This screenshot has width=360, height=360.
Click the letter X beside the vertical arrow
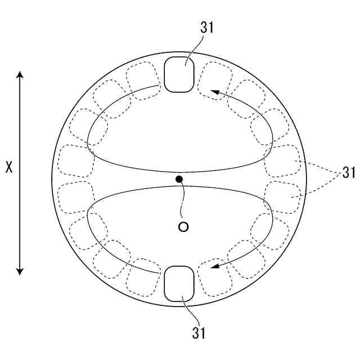(x=8, y=168)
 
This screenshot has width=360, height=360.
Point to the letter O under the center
(x=183, y=227)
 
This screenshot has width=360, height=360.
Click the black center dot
(x=179, y=179)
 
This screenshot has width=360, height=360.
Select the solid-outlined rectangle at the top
(x=179, y=74)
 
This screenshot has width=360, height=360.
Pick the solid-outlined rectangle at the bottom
(x=179, y=283)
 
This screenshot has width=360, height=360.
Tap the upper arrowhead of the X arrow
(x=20, y=75)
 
